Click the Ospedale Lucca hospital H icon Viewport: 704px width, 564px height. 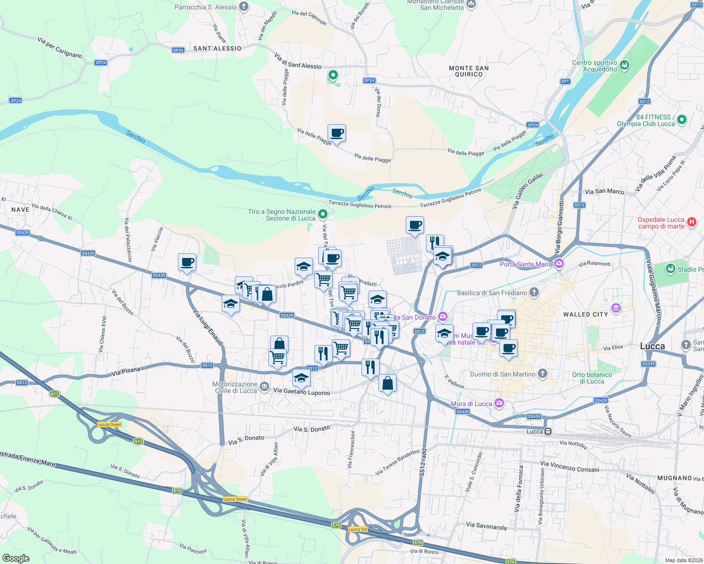coord(691,222)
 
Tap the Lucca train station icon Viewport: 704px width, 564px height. coord(548,431)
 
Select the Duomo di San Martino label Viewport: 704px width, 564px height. coord(503,374)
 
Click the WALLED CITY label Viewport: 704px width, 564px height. coord(585,314)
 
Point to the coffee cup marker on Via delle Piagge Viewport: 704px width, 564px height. coord(336,133)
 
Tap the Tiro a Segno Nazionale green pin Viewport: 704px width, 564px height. coord(322,214)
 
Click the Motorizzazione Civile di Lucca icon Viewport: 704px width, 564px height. coord(264,387)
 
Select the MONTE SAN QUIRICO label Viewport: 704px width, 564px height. coord(469,71)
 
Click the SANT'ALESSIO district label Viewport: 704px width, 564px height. coord(217,48)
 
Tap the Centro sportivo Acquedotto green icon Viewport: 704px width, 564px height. coord(624,65)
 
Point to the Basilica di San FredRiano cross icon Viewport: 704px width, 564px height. coord(534,292)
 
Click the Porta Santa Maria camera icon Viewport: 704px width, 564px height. coord(559,263)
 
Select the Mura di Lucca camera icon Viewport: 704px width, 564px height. coord(499,403)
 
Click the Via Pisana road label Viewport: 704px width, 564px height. coord(126,373)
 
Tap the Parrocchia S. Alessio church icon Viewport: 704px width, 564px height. coord(243,7)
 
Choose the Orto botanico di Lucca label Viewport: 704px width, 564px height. coord(592,378)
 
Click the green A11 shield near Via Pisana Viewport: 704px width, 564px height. coord(55,394)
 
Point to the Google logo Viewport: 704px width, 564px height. coord(16,558)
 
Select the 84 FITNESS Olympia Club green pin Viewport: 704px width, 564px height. coord(682,120)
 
